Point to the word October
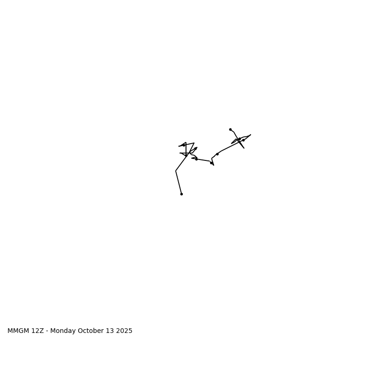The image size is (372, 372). (x=90, y=331)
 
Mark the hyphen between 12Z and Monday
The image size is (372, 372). (x=47, y=331)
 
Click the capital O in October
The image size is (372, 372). (x=80, y=331)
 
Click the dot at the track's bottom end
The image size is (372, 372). (x=181, y=194)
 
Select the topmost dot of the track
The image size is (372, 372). (x=230, y=129)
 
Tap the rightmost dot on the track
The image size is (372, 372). (x=243, y=140)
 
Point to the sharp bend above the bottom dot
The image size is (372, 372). (x=176, y=171)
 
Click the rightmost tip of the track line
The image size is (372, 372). (x=251, y=135)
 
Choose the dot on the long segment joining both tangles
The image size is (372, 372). (x=217, y=154)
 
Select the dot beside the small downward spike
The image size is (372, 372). (x=211, y=162)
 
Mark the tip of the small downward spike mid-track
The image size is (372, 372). (x=213, y=165)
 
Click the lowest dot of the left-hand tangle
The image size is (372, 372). (x=196, y=159)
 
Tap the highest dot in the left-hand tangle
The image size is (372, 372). (x=184, y=145)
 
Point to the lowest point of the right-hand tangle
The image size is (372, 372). (x=244, y=148)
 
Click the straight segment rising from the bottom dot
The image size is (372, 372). (x=179, y=182)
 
